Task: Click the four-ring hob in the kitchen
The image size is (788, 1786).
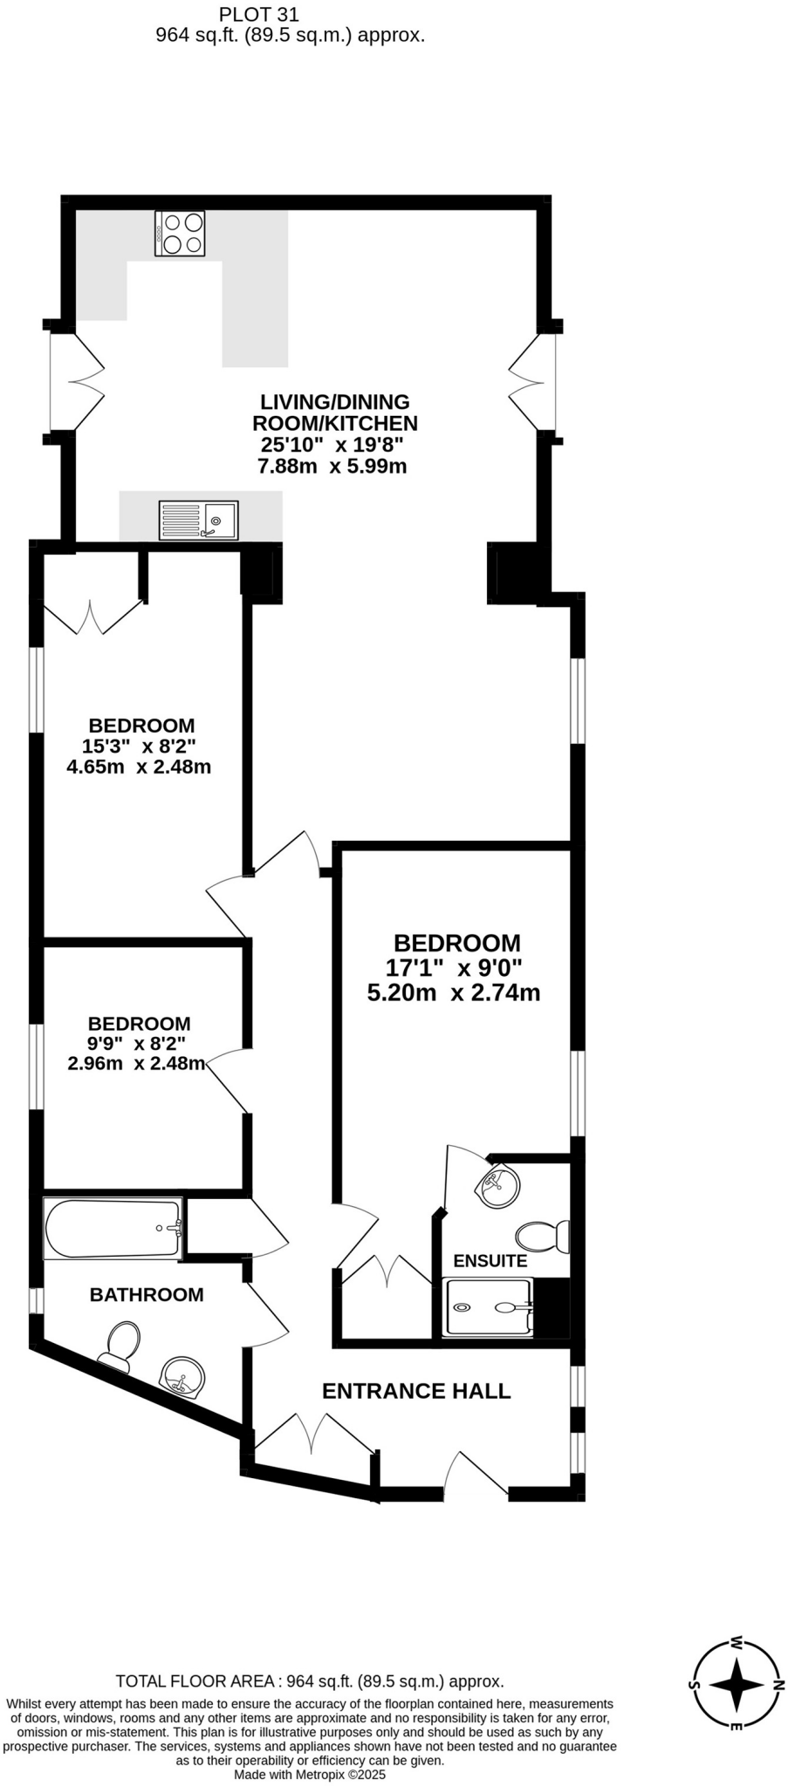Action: [180, 233]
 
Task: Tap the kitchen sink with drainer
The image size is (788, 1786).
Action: [198, 520]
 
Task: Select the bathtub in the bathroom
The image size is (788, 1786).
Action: [113, 1229]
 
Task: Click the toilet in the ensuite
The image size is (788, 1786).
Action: [542, 1236]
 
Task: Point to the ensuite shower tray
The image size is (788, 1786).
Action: [488, 1307]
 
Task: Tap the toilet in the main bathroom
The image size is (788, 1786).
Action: [119, 1346]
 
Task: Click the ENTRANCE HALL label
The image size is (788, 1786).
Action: [416, 1391]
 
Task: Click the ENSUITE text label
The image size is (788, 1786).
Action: [490, 1261]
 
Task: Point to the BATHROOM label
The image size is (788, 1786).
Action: [147, 1295]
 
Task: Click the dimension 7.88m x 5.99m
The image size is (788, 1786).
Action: [332, 466]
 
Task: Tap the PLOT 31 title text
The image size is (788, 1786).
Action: [258, 14]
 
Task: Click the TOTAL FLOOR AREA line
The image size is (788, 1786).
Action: [310, 1681]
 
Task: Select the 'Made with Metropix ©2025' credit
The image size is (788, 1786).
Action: [310, 1774]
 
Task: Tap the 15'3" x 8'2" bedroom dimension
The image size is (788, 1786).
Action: [139, 746]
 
